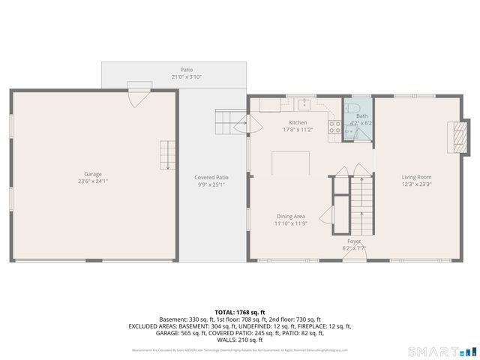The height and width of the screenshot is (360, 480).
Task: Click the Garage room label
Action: click(x=94, y=173)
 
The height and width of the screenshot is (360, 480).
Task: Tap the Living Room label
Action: click(x=417, y=176)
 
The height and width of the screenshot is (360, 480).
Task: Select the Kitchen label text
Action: click(x=298, y=122)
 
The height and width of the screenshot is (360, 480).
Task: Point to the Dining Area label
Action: click(x=289, y=216)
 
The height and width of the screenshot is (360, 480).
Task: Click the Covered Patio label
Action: click(x=211, y=177)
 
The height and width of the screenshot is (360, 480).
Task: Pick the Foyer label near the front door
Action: click(x=354, y=241)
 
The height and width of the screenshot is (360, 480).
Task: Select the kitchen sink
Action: click(x=304, y=104)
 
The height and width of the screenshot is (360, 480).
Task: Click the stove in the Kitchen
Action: click(x=335, y=128)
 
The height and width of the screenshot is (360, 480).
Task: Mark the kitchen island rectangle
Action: click(x=291, y=163)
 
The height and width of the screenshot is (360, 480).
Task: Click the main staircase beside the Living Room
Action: click(x=361, y=202)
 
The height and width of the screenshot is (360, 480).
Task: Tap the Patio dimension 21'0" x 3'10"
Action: click(x=186, y=76)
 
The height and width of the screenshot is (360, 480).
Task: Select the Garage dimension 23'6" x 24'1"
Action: click(x=94, y=181)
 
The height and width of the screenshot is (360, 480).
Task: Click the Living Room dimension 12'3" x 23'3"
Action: click(x=417, y=184)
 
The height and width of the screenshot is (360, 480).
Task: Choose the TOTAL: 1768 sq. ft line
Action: click(x=239, y=311)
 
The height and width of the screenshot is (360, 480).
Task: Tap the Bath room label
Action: click(x=362, y=116)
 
